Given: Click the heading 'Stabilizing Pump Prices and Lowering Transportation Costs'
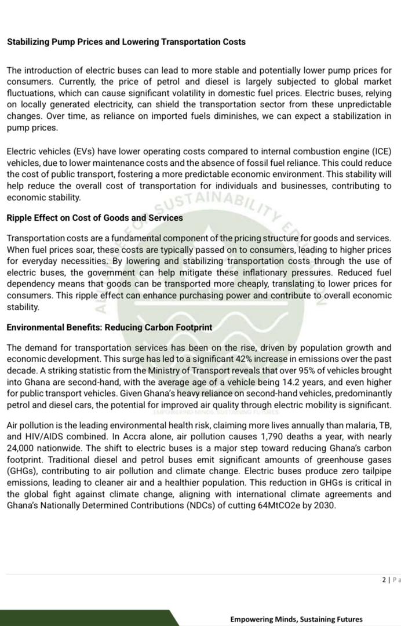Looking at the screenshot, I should coord(126,42).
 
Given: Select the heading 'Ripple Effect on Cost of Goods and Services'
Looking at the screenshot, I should coord(94,218).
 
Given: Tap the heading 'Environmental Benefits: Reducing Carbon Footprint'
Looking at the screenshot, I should coord(109,327).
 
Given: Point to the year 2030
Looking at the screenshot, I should coord(325,505).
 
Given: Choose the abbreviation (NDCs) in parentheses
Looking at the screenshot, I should coord(204,505).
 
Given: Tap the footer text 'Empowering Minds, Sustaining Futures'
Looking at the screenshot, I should coord(296,619).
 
